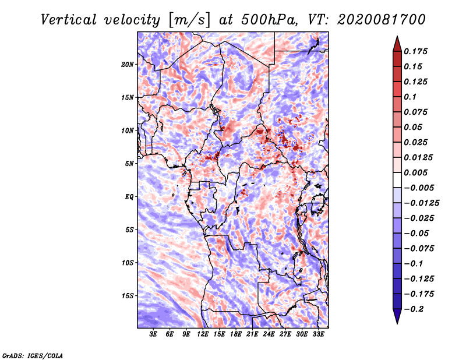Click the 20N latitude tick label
pos(128,65)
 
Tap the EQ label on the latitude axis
pos(129,197)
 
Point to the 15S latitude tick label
pos(128,296)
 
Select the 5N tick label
pos(129,164)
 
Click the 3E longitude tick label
pos(153,334)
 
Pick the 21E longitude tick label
pos(252,334)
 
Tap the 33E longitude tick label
pos(318,334)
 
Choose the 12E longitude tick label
pos(203,334)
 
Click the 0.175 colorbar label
pos(415,51)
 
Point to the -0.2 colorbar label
pos(414,309)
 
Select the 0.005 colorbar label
pos(415,172)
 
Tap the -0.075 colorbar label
pos(419,249)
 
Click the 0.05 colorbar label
pos(413,127)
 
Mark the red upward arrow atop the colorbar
pos(397,44)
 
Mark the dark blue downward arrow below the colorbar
pos(397,316)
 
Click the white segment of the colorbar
pos(397,180)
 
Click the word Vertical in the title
pos(68,20)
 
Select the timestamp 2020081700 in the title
pos(382,20)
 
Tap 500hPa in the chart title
pos(269,20)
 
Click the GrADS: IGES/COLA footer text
pos(33,355)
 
